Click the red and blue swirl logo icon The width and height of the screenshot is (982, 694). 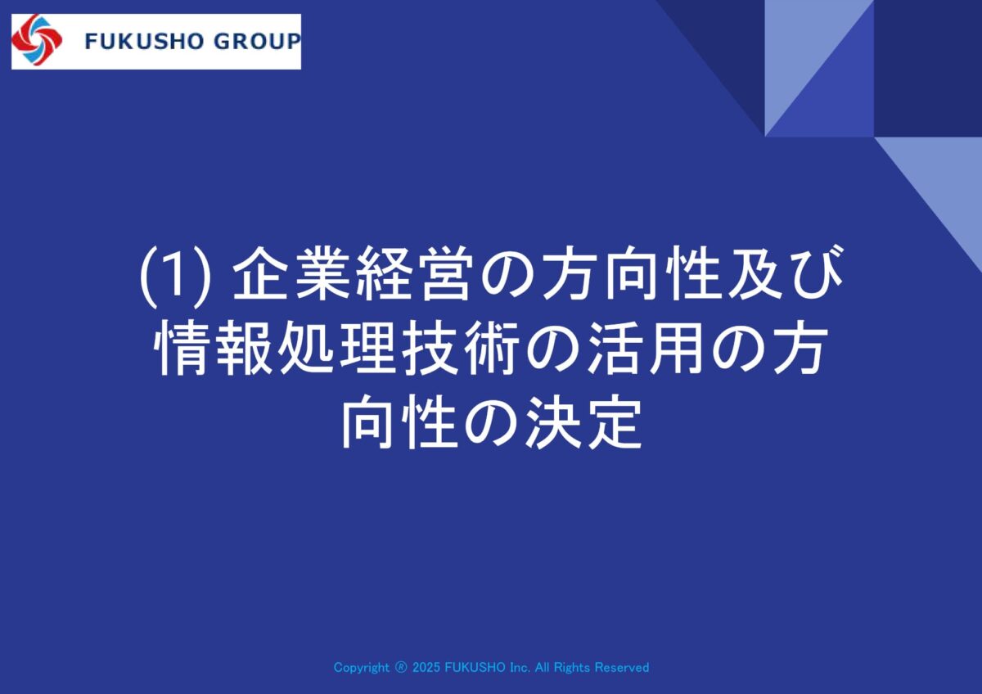[x=37, y=40]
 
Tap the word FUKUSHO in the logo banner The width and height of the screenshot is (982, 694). [x=144, y=42]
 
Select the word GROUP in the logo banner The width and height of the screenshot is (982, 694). [x=257, y=42]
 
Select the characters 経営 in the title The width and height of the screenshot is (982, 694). [x=415, y=274]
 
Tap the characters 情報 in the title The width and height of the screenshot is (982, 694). [x=213, y=348]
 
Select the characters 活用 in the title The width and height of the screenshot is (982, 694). [x=646, y=348]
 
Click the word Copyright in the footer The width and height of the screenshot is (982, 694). [x=361, y=668]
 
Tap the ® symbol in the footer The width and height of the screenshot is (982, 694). [x=401, y=667]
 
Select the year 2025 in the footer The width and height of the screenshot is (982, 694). [x=426, y=667]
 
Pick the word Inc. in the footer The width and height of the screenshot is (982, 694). [x=520, y=667]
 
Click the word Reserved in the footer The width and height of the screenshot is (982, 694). [x=622, y=667]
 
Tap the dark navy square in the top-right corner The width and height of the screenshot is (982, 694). [x=928, y=68]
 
